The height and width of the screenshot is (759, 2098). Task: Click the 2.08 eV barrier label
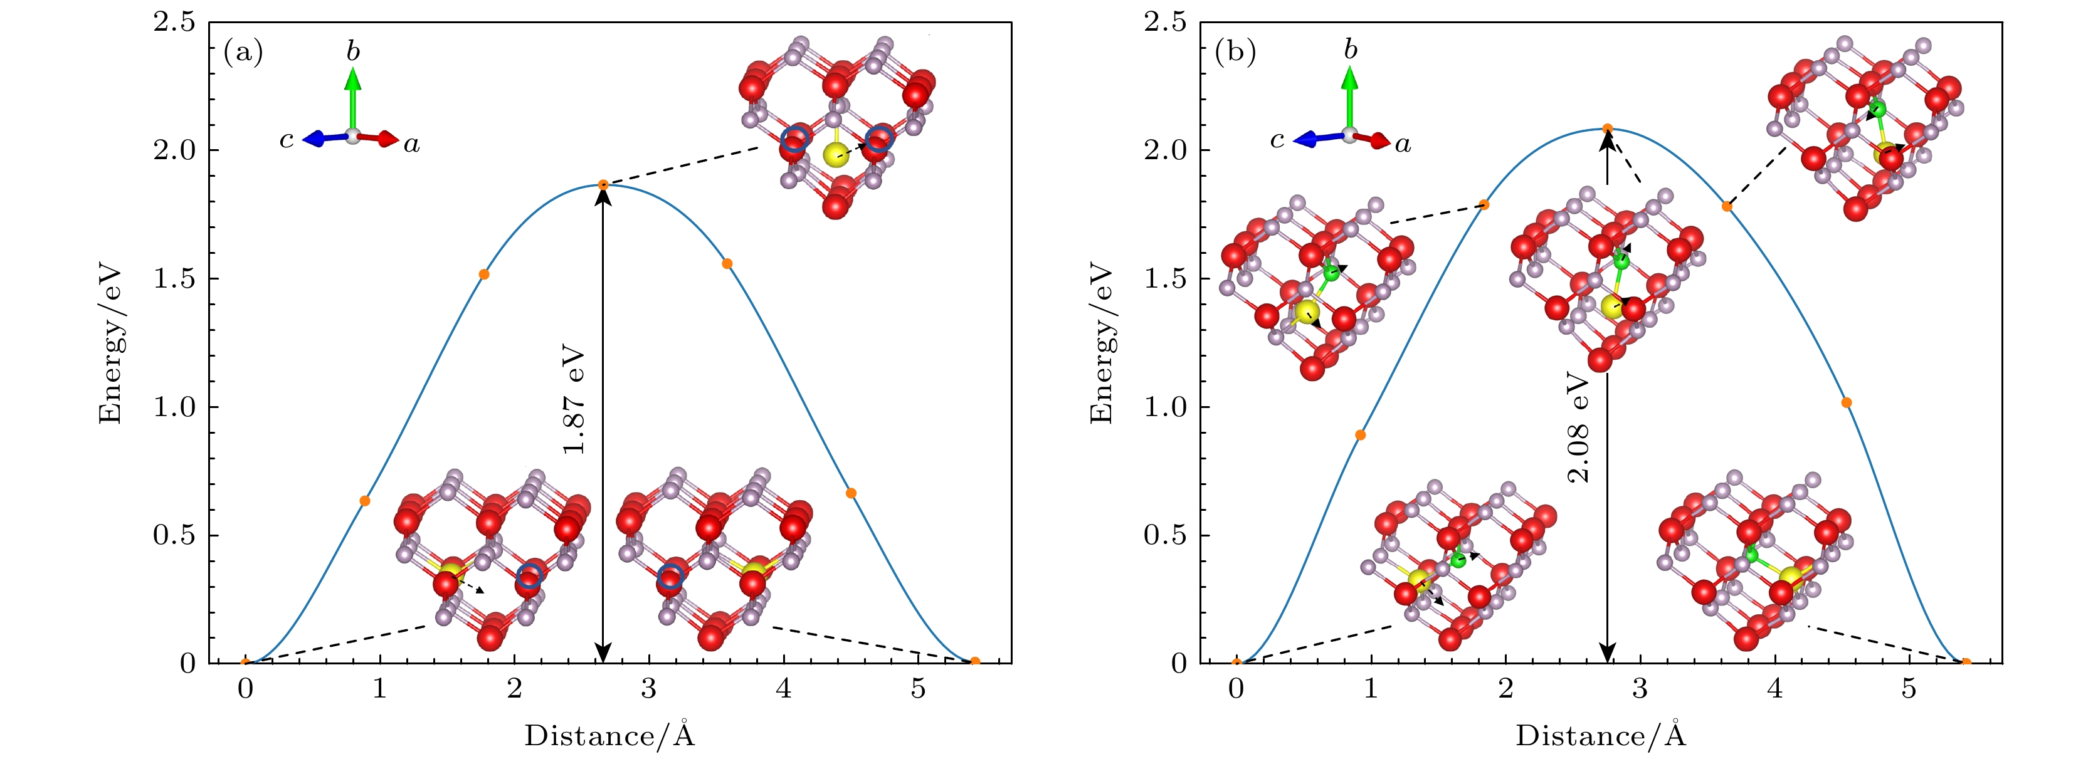[x=1578, y=427]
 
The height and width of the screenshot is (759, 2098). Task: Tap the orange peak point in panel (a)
[x=603, y=185]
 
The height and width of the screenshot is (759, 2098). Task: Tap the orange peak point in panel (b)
[x=1608, y=128]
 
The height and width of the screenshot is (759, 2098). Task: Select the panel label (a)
[x=243, y=53]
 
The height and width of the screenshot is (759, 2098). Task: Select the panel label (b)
[x=1235, y=53]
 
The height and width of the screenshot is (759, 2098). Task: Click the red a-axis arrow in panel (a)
[x=378, y=139]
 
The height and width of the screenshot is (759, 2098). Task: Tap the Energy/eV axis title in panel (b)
[x=1101, y=343]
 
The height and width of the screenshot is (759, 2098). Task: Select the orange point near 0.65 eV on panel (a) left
[x=365, y=501]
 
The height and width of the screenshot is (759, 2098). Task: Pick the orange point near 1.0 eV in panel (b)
[x=1847, y=402]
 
